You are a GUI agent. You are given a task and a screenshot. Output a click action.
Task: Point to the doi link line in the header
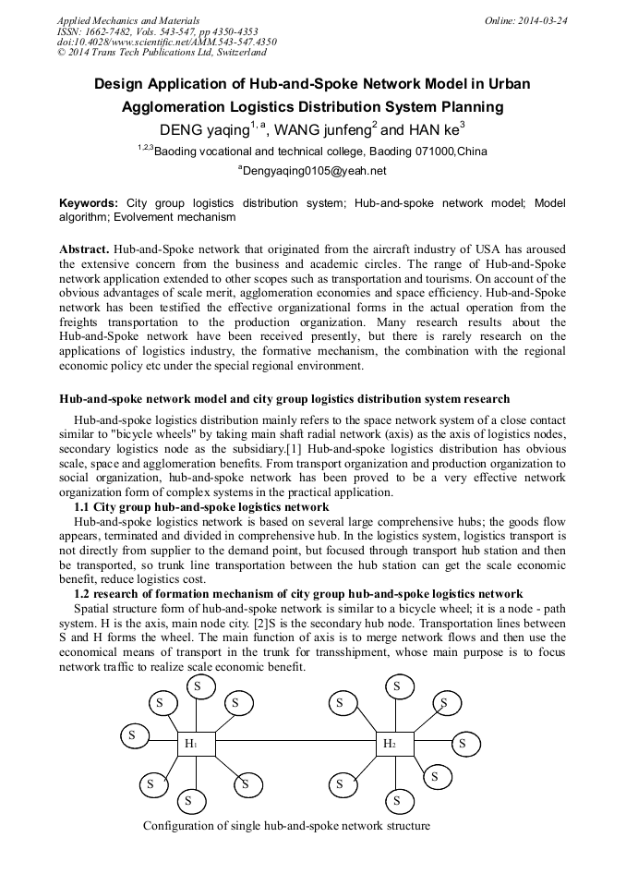(166, 42)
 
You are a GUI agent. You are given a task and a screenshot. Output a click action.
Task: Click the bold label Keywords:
(89, 202)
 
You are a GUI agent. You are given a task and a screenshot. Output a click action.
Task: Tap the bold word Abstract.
(84, 250)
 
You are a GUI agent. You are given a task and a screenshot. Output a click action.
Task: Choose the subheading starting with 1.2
(298, 593)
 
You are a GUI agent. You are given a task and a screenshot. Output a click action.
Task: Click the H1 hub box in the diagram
(197, 743)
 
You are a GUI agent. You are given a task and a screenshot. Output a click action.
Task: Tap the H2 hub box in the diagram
(394, 743)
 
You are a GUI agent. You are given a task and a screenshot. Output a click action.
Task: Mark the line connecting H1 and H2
(295, 743)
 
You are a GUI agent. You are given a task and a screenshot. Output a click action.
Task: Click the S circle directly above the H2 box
(397, 686)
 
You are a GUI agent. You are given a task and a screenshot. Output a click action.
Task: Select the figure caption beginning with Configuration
(286, 825)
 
